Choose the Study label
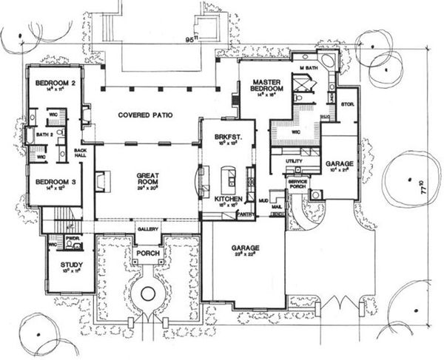pyautogui.click(x=71, y=264)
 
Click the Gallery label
pyautogui.click(x=148, y=230)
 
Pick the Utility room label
pyautogui.click(x=293, y=160)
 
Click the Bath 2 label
pyautogui.click(x=44, y=135)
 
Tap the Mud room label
pyautogui.click(x=263, y=200)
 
